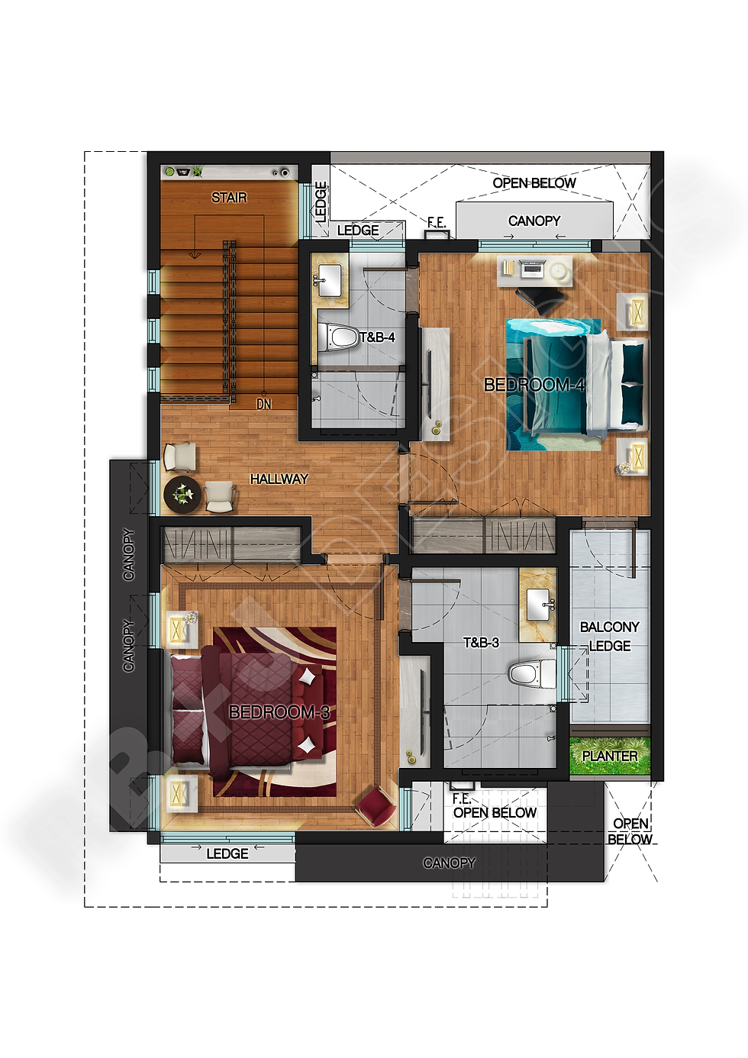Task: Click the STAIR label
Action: pyautogui.click(x=229, y=198)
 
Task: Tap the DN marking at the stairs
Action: pyautogui.click(x=263, y=404)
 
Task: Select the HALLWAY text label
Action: pyautogui.click(x=279, y=479)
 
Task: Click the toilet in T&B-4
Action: pyautogui.click(x=338, y=337)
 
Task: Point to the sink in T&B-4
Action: pyautogui.click(x=330, y=279)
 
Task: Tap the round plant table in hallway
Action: pyautogui.click(x=182, y=495)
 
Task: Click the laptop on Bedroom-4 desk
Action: pyautogui.click(x=532, y=269)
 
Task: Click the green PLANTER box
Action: pyautogui.click(x=610, y=756)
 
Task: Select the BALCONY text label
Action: pyautogui.click(x=609, y=627)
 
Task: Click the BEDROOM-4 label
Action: pyautogui.click(x=534, y=385)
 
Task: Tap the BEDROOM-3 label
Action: pyautogui.click(x=279, y=712)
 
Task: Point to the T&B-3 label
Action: pyautogui.click(x=481, y=643)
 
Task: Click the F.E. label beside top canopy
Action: pyautogui.click(x=436, y=222)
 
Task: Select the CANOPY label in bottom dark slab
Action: pyautogui.click(x=449, y=863)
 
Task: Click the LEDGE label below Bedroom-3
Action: pyautogui.click(x=227, y=853)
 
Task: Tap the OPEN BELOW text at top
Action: pyautogui.click(x=534, y=183)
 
